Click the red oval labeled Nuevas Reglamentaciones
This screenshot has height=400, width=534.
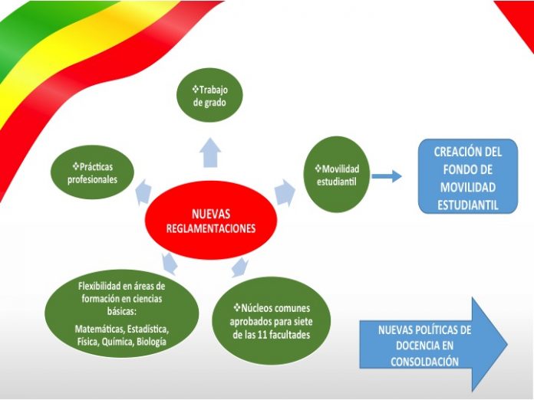(x=211, y=221)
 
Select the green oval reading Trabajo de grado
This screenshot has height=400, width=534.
(x=209, y=95)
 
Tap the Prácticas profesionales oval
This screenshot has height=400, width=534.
(x=92, y=172)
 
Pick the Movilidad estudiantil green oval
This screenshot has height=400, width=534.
(x=337, y=175)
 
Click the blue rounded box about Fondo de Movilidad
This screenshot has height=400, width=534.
(x=468, y=176)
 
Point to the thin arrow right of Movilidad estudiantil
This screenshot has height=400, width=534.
(x=387, y=176)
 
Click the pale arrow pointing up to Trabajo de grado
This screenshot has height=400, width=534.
(x=210, y=152)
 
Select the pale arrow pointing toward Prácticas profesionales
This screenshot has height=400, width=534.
(x=143, y=192)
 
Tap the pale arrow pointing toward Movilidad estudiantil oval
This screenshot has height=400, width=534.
(x=285, y=193)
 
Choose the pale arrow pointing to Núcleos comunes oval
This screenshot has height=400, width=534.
(x=239, y=267)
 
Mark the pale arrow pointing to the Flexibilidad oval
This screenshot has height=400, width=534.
(x=170, y=264)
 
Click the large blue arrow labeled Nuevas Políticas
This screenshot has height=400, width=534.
(x=433, y=345)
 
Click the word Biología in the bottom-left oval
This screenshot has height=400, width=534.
(x=151, y=342)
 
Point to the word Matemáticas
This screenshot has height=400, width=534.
(x=98, y=330)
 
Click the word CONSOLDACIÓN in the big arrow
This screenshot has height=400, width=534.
(x=425, y=362)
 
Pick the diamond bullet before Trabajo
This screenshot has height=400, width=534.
(x=196, y=90)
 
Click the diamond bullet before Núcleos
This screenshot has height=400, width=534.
(x=237, y=308)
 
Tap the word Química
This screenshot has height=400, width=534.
(x=117, y=342)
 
